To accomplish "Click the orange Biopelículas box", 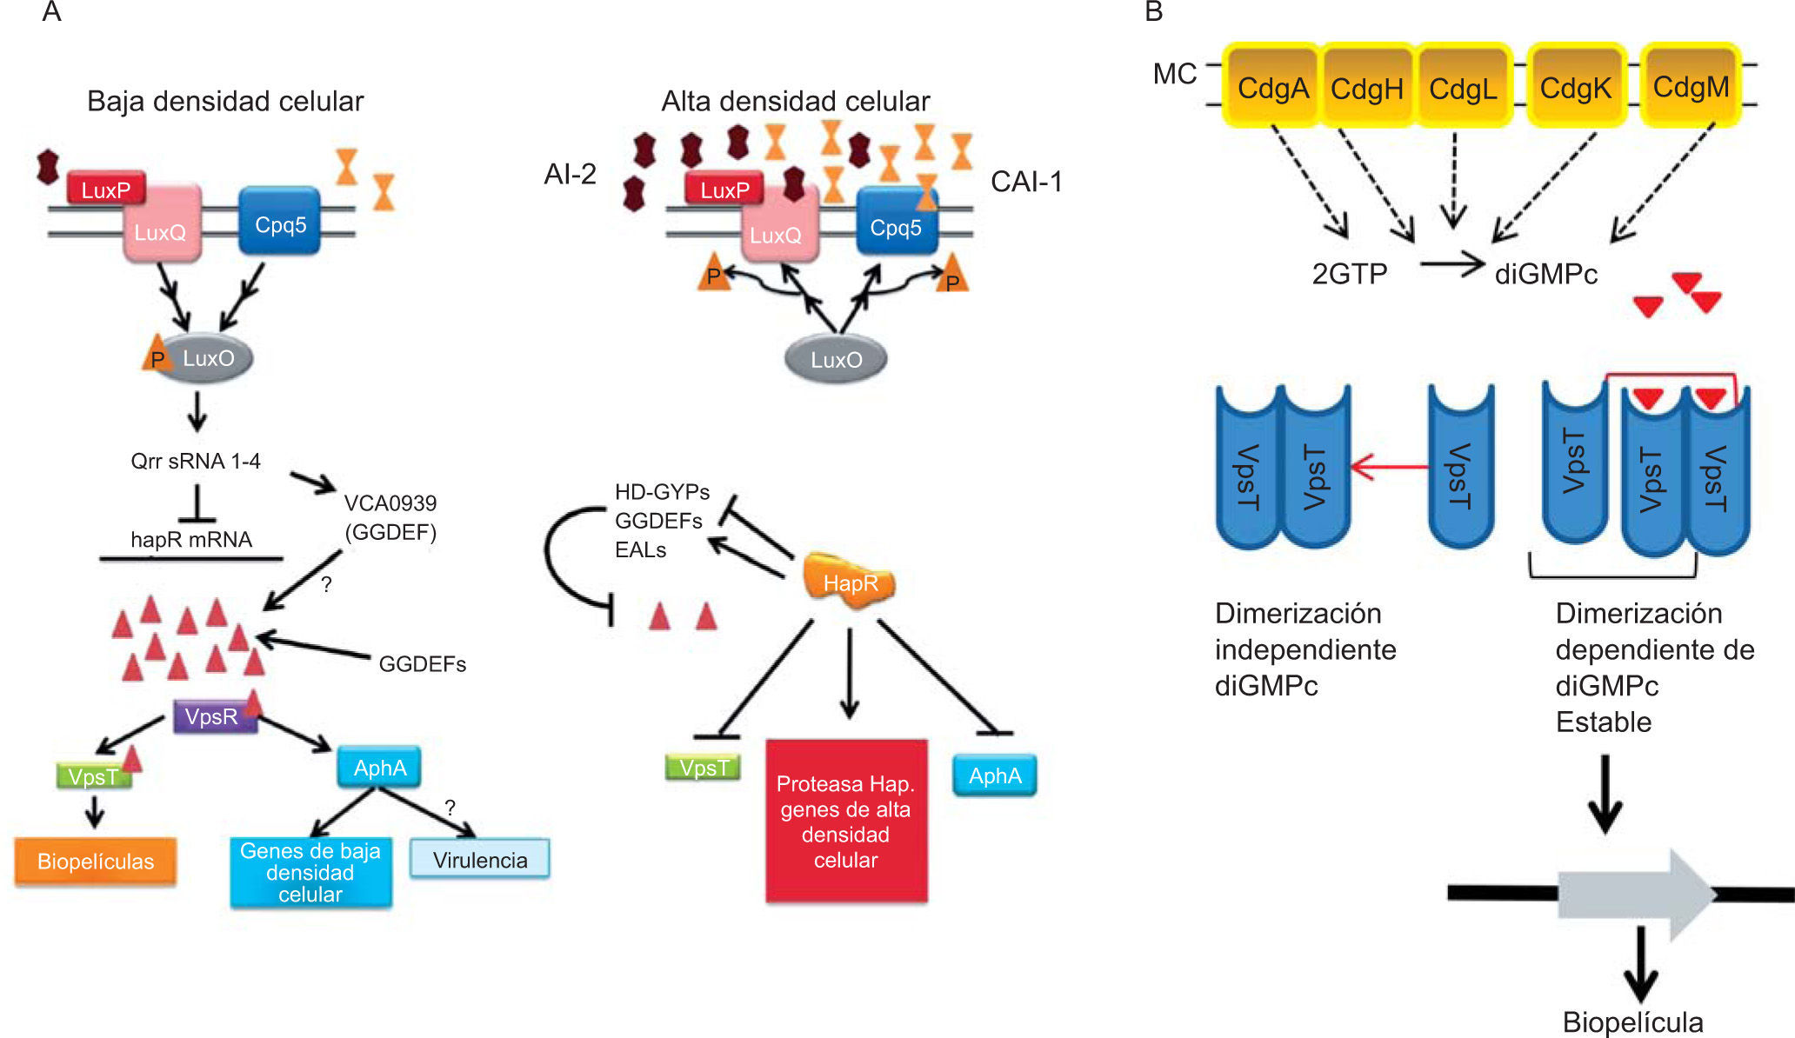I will coord(96,862).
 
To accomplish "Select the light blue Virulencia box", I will coord(480,860).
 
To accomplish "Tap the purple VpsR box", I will coord(212,717).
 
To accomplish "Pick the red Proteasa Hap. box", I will coord(846,822).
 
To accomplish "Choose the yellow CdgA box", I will coord(1273,87).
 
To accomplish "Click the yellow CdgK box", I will coord(1575,87).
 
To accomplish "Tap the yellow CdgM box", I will coord(1691,87).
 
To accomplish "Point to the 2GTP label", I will coord(1350,275).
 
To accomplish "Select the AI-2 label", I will coord(571,175).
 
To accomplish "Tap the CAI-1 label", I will coord(1026,182).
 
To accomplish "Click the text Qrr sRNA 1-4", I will coord(196,461).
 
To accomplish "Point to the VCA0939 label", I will coord(390,503).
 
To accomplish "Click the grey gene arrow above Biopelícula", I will coord(1635,895).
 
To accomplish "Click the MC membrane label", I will coord(1175,75).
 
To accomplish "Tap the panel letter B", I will coord(1154,12).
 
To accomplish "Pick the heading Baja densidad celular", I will coord(225,102).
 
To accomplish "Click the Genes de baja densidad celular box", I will coord(310,873).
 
